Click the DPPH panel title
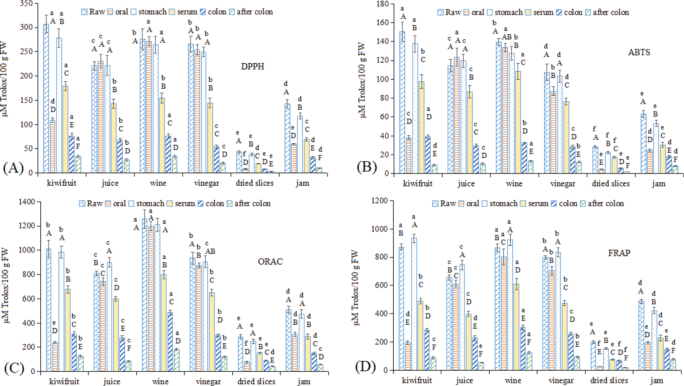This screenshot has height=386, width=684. (x=252, y=66)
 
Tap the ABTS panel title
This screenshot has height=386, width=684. (x=639, y=52)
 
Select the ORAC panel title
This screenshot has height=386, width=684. (x=270, y=262)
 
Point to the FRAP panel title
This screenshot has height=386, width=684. (x=619, y=253)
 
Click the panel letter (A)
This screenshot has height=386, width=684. (x=13, y=167)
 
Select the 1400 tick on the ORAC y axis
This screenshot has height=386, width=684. (x=27, y=202)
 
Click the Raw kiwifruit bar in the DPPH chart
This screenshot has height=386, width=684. (x=46, y=98)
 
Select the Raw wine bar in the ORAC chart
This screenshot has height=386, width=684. (x=145, y=295)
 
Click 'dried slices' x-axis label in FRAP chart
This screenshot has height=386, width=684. (x=609, y=381)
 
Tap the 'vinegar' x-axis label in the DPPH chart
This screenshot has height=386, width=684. (x=207, y=183)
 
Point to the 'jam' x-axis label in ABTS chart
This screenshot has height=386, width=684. (x=659, y=184)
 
